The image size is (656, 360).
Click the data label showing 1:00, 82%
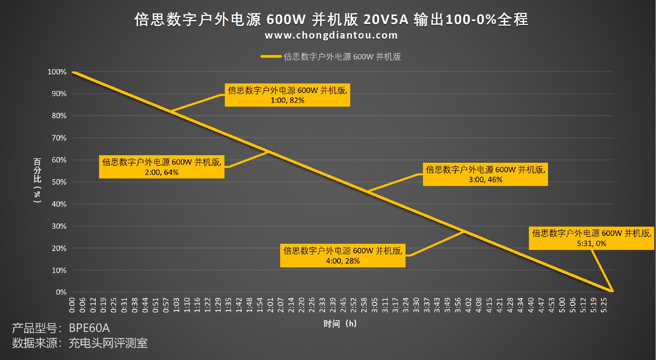pyautogui.click(x=287, y=95)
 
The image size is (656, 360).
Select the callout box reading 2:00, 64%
pyautogui.click(x=162, y=167)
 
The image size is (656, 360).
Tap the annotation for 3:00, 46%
pyautogui.click(x=485, y=174)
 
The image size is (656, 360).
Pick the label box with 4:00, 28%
pyautogui.click(x=343, y=256)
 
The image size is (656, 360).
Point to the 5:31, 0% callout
pyautogui.click(x=591, y=238)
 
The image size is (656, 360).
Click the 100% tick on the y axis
pyautogui.click(x=57, y=72)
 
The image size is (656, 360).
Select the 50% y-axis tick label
pyautogui.click(x=59, y=182)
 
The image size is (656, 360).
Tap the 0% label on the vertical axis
pyautogui.click(x=61, y=292)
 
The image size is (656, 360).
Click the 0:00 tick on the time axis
pyautogui.click(x=72, y=305)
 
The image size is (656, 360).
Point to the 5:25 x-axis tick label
pyautogui.click(x=604, y=305)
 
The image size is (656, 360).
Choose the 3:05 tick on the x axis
pyautogui.click(x=374, y=305)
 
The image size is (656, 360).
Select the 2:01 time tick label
pyautogui.click(x=270, y=305)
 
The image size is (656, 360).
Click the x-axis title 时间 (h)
pyautogui.click(x=340, y=323)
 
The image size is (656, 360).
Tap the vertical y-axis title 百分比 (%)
pyautogui.click(x=37, y=181)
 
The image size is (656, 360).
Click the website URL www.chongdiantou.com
pyautogui.click(x=331, y=35)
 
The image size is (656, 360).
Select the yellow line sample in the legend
pyautogui.click(x=271, y=56)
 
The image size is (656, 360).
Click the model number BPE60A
pyautogui.click(x=89, y=328)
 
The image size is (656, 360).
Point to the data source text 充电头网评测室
pyautogui.click(x=108, y=343)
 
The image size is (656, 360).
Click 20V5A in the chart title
pyautogui.click(x=386, y=19)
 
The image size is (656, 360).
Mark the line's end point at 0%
pyautogui.click(x=612, y=291)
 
